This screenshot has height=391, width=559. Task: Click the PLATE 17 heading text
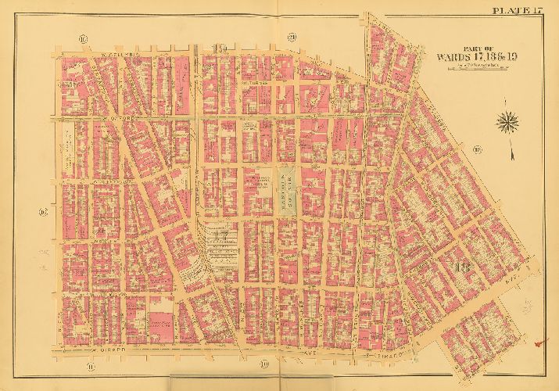(x=518, y=9)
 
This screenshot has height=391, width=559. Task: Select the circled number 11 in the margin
(x=82, y=37)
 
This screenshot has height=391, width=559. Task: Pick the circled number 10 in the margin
(x=265, y=364)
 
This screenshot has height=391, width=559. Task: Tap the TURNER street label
(x=258, y=80)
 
